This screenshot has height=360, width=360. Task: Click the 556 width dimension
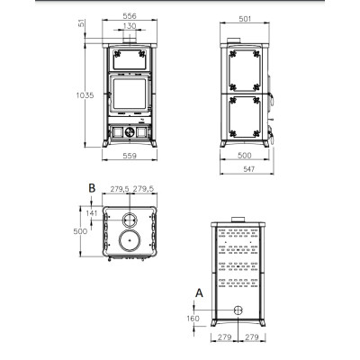pyautogui.click(x=130, y=15)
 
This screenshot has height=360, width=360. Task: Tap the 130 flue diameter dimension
pyautogui.click(x=130, y=26)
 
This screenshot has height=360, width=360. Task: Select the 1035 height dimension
pyautogui.click(x=85, y=95)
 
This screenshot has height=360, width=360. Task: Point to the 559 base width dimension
pyautogui.click(x=130, y=156)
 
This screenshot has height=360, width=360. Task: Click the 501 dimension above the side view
pyautogui.click(x=245, y=19)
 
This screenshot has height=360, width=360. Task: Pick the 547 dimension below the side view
pyautogui.click(x=248, y=169)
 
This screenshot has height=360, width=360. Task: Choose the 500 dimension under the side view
pyautogui.click(x=245, y=155)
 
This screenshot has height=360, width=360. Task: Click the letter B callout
pyautogui.click(x=92, y=188)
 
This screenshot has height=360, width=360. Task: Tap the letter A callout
pyautogui.click(x=199, y=292)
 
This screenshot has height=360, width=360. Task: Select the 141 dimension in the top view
pyautogui.click(x=92, y=213)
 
